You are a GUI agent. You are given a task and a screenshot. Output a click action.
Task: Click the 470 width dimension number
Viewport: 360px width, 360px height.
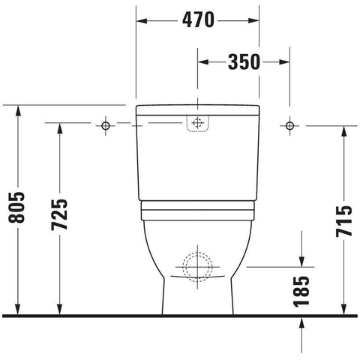tap(198, 20)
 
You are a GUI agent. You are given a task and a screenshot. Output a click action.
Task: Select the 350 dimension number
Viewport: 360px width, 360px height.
tap(244, 62)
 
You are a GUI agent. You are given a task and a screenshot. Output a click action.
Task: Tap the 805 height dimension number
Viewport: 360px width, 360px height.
tap(16, 208)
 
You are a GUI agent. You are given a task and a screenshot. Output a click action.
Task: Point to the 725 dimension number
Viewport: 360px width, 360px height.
tap(59, 214)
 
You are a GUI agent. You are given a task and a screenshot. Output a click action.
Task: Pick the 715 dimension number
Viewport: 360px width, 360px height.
tap(344, 221)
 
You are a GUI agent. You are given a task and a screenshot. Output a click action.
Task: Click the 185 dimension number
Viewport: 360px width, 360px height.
tap(301, 291)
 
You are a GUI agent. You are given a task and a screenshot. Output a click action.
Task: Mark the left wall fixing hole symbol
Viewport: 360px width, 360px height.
tap(106, 125)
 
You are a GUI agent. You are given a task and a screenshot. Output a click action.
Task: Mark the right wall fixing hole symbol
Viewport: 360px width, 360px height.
tap(289, 125)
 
